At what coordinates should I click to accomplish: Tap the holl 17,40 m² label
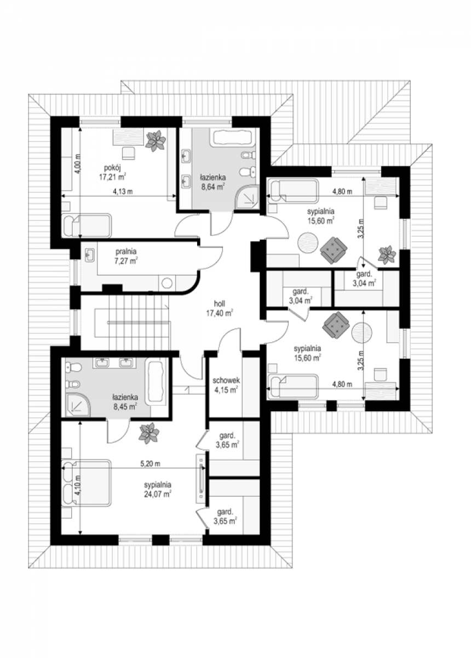click(219, 309)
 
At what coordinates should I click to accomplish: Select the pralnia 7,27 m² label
click(127, 256)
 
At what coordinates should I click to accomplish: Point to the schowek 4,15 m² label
click(226, 385)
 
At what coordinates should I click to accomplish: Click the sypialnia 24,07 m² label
click(158, 490)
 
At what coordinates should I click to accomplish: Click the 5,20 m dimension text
click(150, 464)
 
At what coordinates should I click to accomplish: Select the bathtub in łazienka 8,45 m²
click(156, 382)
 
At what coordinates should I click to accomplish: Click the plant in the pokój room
click(156, 141)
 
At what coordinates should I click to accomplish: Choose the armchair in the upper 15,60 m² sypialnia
click(334, 249)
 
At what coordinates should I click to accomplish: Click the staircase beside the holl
click(132, 322)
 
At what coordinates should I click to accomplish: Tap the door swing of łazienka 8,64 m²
click(222, 224)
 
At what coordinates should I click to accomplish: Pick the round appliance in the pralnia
click(167, 283)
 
